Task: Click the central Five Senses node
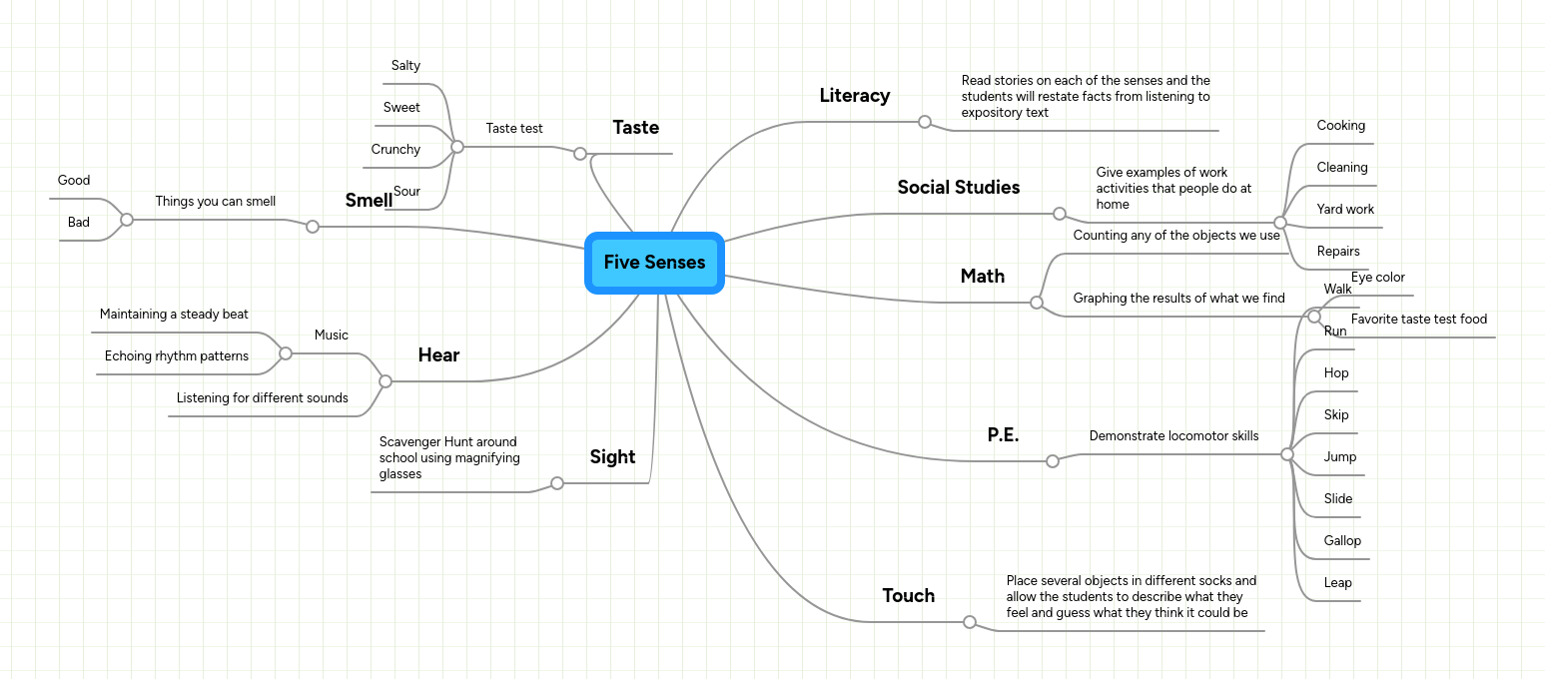[x=654, y=263]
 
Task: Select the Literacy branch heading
[x=854, y=96]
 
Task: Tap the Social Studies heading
[x=958, y=188]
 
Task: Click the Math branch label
[x=982, y=277]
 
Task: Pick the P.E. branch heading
[x=1003, y=435]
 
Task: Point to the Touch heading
[x=908, y=596]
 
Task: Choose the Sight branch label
[x=612, y=457]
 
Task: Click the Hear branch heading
[x=438, y=355]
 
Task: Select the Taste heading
[x=635, y=128]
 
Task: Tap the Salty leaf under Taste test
[x=405, y=66]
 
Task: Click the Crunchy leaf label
[x=395, y=150]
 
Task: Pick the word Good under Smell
[x=74, y=181]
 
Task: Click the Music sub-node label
[x=331, y=336]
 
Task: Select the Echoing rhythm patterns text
[x=177, y=356]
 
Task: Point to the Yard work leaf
[x=1344, y=210]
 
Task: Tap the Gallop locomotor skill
[x=1342, y=541]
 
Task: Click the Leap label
[x=1337, y=583]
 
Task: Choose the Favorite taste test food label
[x=1418, y=320]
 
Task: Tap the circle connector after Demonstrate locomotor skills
[x=1286, y=454]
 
